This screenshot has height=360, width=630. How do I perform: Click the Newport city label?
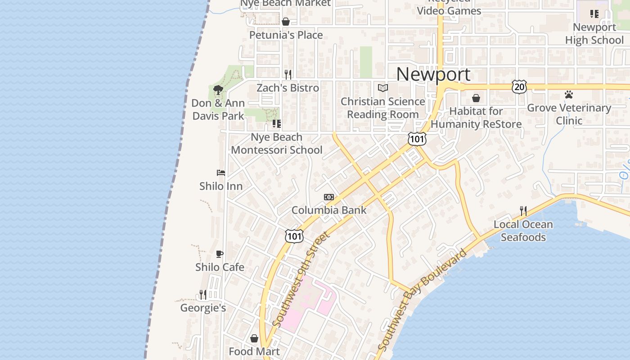pyautogui.click(x=433, y=74)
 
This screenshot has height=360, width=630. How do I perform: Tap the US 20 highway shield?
pyautogui.click(x=519, y=86)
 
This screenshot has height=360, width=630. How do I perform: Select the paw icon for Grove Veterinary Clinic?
pyautogui.click(x=569, y=95)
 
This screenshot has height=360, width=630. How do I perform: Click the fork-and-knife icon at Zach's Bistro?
pyautogui.click(x=288, y=74)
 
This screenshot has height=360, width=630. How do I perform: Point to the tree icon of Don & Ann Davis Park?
pyautogui.click(x=218, y=90)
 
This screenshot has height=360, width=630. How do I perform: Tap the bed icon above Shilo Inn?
pyautogui.click(x=220, y=173)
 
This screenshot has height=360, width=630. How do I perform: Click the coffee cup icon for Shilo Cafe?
pyautogui.click(x=220, y=254)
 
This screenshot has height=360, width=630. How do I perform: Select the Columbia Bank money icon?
pyautogui.click(x=329, y=197)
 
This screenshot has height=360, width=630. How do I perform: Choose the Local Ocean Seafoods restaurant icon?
pyautogui.click(x=523, y=211)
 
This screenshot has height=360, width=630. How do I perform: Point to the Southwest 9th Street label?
pyautogui.click(x=301, y=279)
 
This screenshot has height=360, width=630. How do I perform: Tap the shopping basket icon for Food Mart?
pyautogui.click(x=254, y=338)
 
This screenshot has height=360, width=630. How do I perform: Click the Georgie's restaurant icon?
pyautogui.click(x=203, y=295)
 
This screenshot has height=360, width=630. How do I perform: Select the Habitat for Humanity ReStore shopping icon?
pyautogui.click(x=476, y=98)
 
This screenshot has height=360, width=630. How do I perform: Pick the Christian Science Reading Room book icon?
pyautogui.click(x=382, y=88)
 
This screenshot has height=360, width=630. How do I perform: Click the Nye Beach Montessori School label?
pyautogui.click(x=276, y=144)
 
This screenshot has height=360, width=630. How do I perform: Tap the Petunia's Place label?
pyautogui.click(x=286, y=35)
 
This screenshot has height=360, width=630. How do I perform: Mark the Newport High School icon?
pyautogui.click(x=594, y=14)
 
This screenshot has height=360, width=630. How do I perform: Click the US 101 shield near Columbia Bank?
pyautogui.click(x=294, y=236)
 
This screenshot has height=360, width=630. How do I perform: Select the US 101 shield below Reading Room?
pyautogui.click(x=417, y=139)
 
